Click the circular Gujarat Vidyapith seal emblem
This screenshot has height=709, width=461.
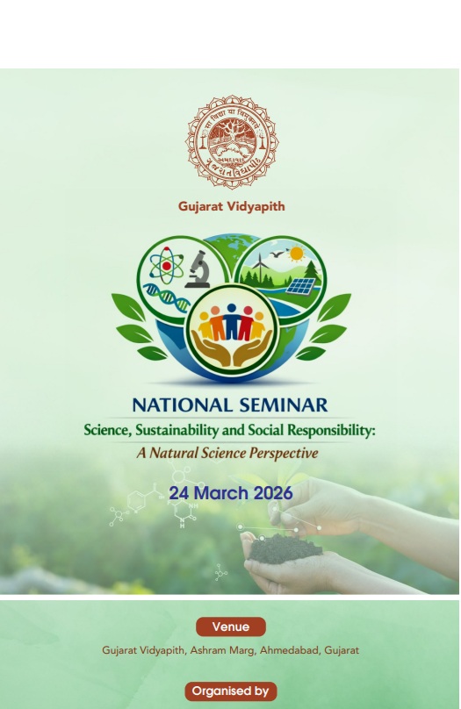tap(231, 140)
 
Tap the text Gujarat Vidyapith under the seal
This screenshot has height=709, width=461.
tap(231, 207)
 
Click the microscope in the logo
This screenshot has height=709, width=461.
tap(198, 269)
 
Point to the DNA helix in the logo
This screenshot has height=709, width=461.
tap(166, 299)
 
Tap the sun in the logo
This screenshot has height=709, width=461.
tap(296, 254)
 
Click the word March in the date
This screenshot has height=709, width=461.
tap(220, 493)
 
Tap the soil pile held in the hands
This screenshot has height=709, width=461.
tap(281, 549)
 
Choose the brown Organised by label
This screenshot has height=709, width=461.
tap(230, 691)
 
